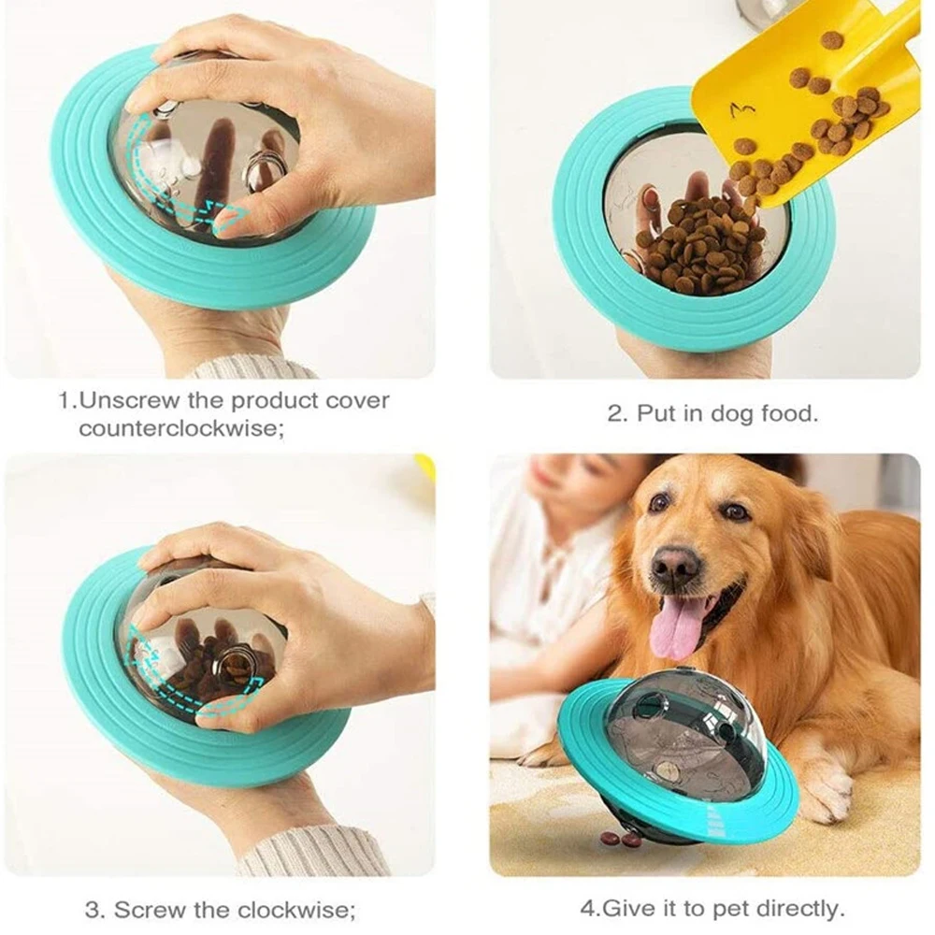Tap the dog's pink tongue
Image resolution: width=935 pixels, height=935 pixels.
pyautogui.click(x=677, y=626)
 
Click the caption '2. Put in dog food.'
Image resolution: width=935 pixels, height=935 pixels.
pyautogui.click(x=712, y=413)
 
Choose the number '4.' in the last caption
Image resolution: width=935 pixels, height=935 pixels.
pyautogui.click(x=588, y=908)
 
